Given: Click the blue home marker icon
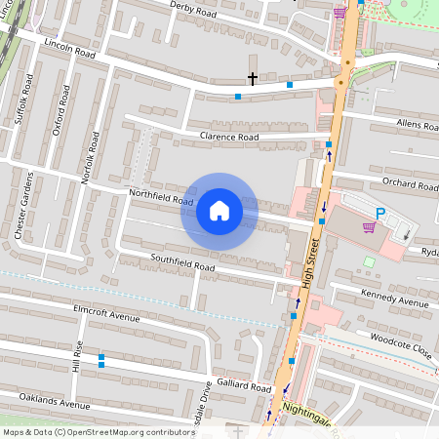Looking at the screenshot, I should pyautogui.click(x=219, y=210).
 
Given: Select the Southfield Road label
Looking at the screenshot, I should pyautogui.click(x=182, y=262).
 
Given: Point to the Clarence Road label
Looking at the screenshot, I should pyautogui.click(x=228, y=138).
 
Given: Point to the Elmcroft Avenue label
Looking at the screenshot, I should pyautogui.click(x=107, y=317).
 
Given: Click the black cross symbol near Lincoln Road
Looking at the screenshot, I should pyautogui.click(x=252, y=78).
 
